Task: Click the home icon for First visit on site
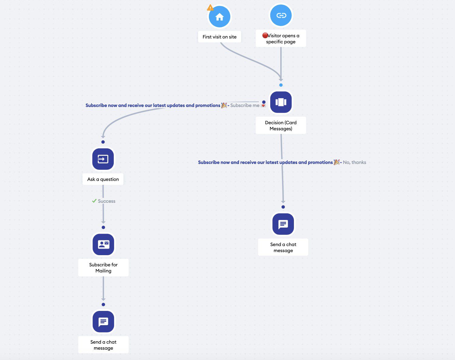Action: [x=220, y=17]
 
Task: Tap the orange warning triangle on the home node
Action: [x=210, y=8]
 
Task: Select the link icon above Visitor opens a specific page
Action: [x=281, y=15]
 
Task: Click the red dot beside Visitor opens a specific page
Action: [x=265, y=35]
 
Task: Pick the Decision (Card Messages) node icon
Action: [x=281, y=102]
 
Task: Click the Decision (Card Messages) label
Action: [x=281, y=125]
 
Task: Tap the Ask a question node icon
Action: [x=103, y=159]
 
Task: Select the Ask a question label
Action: [x=103, y=179]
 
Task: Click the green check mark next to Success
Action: [x=94, y=201]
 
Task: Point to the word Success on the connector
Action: [x=107, y=201]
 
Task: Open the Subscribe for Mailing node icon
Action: [x=103, y=244]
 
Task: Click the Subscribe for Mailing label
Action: [x=103, y=268]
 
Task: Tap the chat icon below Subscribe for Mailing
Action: [x=103, y=322]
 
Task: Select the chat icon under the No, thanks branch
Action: [x=283, y=224]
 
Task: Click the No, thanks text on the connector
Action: [x=354, y=162]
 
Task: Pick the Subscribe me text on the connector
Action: [x=245, y=105]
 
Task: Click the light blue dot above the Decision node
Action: [x=281, y=85]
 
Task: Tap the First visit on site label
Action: [x=220, y=37]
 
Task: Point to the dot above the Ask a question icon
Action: [x=103, y=142]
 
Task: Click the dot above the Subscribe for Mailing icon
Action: [x=103, y=227]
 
